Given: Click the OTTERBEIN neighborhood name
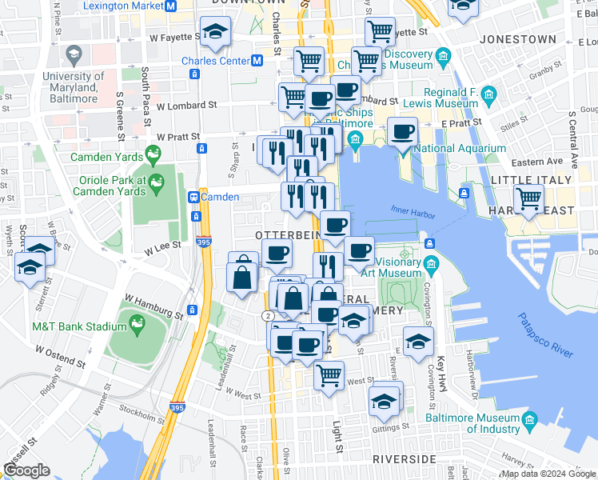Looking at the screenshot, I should pos(288,234).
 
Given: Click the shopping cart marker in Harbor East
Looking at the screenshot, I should pos(528,198).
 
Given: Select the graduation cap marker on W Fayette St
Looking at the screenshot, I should pos(214,32).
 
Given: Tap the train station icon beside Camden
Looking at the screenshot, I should pos(193,197).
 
